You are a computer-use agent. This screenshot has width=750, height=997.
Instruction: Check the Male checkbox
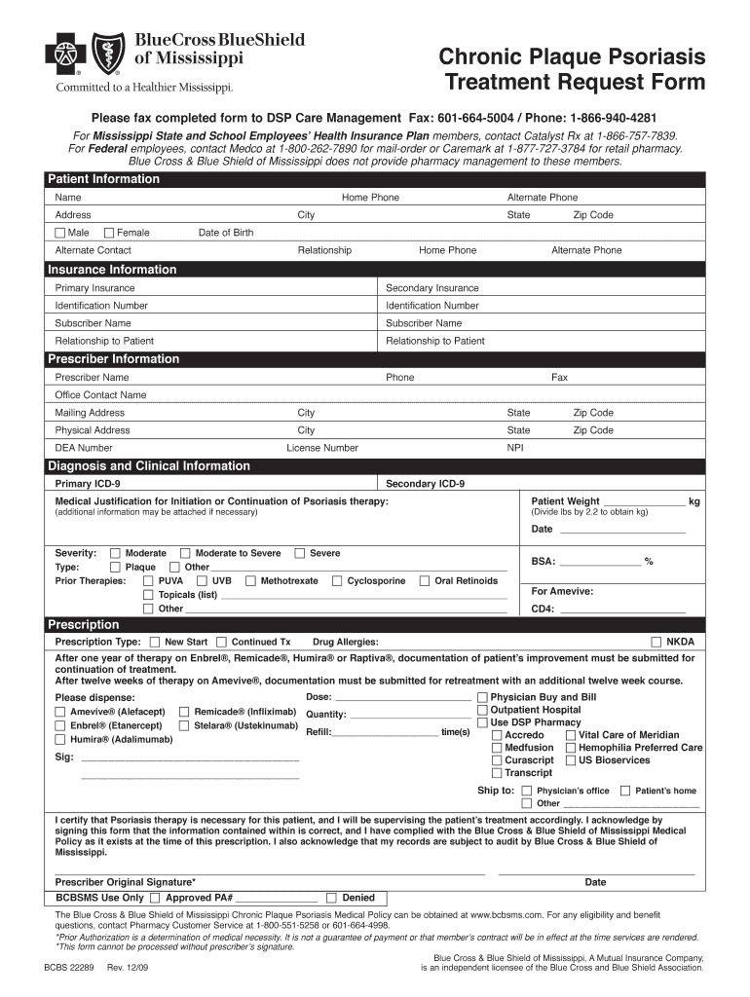tap(60, 233)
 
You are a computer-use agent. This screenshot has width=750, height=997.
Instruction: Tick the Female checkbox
tap(109, 233)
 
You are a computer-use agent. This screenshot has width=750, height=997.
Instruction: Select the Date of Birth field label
tap(226, 233)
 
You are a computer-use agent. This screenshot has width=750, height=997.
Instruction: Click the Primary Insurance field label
tap(95, 288)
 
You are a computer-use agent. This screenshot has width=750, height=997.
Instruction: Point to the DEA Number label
tap(84, 448)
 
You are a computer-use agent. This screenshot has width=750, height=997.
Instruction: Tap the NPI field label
tap(515, 448)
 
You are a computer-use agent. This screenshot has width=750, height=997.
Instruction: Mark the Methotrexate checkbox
tap(251, 581)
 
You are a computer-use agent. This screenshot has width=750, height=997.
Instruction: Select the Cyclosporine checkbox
tap(337, 581)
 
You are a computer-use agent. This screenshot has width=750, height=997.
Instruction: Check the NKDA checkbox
tap(656, 643)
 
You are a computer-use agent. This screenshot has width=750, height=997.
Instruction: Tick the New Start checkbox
tap(155, 643)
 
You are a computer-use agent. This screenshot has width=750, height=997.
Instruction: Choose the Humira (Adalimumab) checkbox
tap(60, 740)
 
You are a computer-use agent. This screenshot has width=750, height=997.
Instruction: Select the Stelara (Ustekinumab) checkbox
tap(185, 725)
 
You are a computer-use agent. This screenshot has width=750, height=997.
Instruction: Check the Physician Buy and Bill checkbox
tap(482, 698)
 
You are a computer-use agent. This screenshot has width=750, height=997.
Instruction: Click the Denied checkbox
tap(331, 898)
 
